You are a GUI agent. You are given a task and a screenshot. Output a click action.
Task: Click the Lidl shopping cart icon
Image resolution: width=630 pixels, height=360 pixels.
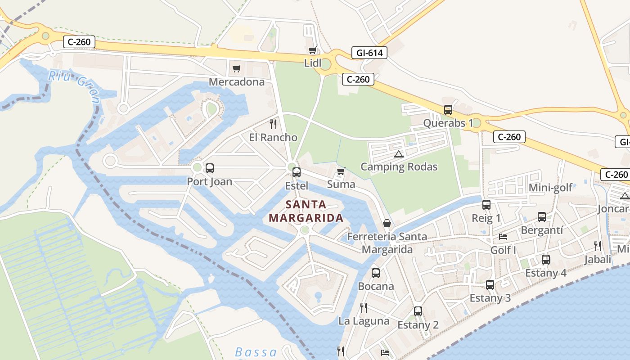click(312, 50)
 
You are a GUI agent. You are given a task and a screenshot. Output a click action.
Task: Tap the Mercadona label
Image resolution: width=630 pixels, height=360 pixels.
click(237, 82)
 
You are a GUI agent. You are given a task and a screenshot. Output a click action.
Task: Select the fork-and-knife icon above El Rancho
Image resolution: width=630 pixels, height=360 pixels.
click(273, 124)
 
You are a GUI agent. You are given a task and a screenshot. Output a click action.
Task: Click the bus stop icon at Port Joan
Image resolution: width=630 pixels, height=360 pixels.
click(210, 169)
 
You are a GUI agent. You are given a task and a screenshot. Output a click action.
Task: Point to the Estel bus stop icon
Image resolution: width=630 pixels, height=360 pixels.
click(297, 172)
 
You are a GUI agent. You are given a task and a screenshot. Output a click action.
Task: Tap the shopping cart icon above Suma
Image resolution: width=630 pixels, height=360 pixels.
click(341, 171)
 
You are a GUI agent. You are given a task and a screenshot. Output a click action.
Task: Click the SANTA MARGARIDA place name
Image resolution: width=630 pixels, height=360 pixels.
click(306, 211)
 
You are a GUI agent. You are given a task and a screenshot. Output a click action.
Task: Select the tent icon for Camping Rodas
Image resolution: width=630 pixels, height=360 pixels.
click(398, 154)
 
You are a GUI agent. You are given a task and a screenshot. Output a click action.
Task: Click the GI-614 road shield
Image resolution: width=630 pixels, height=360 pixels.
click(369, 53)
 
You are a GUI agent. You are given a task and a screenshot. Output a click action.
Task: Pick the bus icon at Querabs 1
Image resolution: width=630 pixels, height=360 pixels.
click(448, 110)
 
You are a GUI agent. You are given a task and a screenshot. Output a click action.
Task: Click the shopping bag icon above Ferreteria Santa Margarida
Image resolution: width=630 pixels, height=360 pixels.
click(387, 223)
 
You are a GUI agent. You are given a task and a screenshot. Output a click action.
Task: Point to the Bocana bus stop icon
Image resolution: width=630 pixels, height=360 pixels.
click(376, 273)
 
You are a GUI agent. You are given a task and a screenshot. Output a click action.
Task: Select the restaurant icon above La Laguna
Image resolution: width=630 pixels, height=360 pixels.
click(364, 308)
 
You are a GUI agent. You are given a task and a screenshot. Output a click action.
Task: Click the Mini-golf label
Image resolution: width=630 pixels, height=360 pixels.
click(550, 188)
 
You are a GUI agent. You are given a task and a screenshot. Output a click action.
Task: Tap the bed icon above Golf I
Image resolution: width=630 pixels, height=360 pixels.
click(503, 237)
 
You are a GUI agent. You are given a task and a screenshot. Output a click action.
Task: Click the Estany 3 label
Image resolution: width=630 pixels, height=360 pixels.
click(490, 298)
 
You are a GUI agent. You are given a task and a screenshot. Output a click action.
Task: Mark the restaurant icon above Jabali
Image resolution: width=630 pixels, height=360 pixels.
click(598, 246)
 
